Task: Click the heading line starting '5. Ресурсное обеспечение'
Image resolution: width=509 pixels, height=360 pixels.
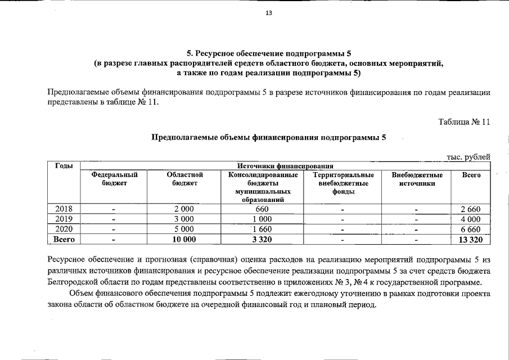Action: click(x=268, y=54)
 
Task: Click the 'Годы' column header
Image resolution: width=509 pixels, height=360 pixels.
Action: click(x=64, y=166)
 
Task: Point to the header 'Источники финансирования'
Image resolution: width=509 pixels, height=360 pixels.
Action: click(x=285, y=166)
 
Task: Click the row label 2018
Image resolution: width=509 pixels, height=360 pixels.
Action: click(x=64, y=209)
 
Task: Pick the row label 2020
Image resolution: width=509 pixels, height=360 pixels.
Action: click(x=64, y=229)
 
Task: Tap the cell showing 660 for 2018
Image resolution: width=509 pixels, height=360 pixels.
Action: click(x=262, y=209)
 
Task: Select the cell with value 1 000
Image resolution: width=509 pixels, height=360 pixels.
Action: click(x=262, y=219)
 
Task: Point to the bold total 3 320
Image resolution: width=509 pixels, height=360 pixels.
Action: click(x=262, y=239)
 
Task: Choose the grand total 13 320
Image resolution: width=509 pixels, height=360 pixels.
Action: click(x=471, y=239)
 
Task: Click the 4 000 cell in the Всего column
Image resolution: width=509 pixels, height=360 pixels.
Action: click(x=471, y=219)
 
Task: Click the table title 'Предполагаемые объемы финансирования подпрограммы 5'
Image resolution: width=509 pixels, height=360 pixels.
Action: click(x=268, y=137)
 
